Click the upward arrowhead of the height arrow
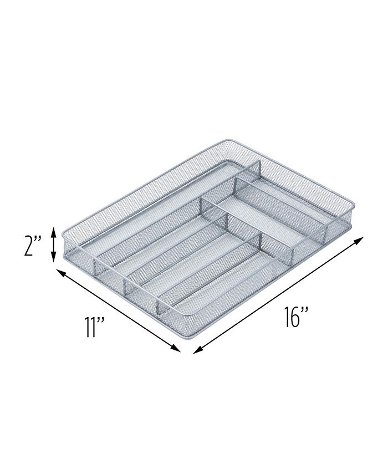tap(53, 230)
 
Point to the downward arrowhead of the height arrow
tap(53, 259)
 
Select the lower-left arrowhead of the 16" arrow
tap(196, 349)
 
